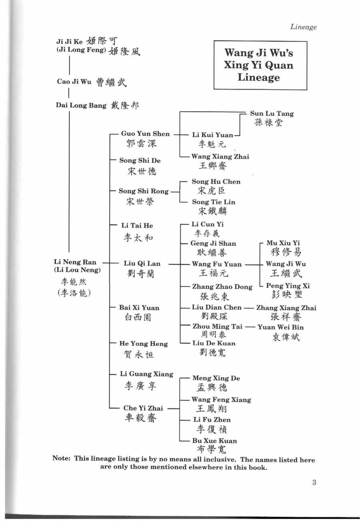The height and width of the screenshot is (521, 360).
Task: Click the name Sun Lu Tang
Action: tap(272, 114)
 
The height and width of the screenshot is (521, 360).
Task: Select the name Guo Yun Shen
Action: tap(146, 134)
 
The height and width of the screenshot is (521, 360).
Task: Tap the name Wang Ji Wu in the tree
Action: tap(286, 264)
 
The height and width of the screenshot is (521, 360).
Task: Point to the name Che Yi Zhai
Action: tap(143, 408)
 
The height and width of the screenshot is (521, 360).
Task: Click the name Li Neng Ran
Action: tap(75, 262)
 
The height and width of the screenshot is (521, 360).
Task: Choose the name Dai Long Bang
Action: tap(81, 106)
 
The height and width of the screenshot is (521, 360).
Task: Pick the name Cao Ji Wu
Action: tap(74, 82)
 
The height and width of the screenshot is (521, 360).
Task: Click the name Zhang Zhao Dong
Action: tap(222, 287)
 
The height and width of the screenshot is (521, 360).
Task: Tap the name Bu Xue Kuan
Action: tap(214, 441)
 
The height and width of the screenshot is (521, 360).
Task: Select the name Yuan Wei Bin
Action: tap(281, 327)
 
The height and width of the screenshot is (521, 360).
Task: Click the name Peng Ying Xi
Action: tap(288, 286)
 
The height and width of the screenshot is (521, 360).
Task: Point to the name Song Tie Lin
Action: tap(214, 202)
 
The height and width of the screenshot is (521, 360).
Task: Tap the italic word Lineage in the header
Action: tap(304, 27)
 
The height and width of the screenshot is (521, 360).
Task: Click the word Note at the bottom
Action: tap(61, 458)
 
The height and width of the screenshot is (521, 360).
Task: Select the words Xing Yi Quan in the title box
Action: tap(258, 65)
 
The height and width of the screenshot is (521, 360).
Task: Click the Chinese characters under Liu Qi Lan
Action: tap(140, 273)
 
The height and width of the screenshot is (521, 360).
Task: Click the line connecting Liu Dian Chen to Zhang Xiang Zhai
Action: tap(248, 308)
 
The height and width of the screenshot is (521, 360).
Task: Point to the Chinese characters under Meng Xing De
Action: tap(212, 387)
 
